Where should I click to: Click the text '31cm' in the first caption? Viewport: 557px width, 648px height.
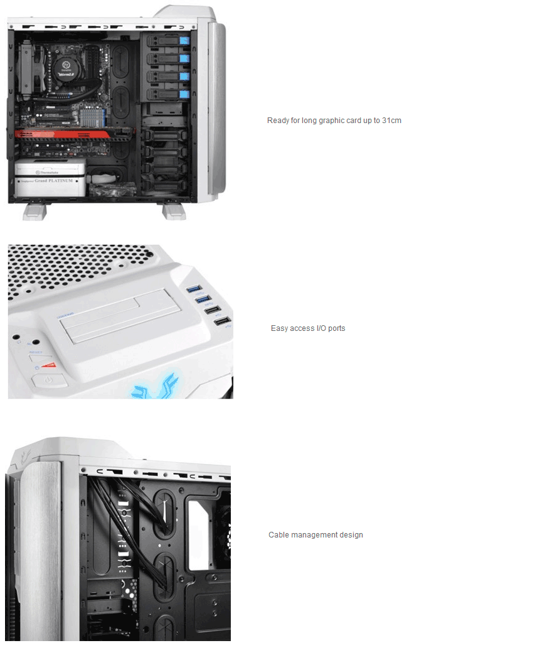tap(391, 120)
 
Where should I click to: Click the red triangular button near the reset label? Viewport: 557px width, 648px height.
tap(48, 365)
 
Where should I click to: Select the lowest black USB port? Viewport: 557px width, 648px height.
tap(221, 321)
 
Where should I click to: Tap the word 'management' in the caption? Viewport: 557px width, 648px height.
tap(315, 535)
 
